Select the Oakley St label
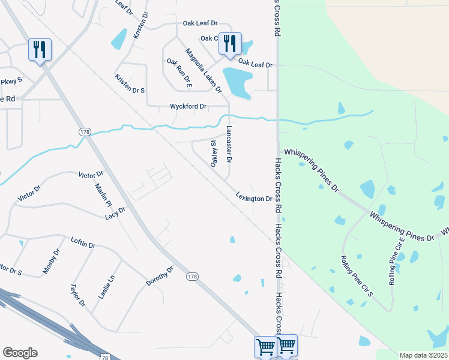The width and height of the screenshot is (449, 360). click(212, 154)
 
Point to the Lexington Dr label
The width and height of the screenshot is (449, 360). click(255, 197)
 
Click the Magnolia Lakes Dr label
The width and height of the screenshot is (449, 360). click(203, 71)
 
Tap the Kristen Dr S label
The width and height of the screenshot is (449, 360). click(130, 84)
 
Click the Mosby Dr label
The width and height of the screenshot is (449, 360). click(52, 262)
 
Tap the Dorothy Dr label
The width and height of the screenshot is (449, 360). click(160, 276)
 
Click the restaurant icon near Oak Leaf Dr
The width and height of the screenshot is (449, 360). click(229, 43)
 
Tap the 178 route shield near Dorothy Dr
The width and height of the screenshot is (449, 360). click(191, 276)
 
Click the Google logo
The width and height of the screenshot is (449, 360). click(20, 353)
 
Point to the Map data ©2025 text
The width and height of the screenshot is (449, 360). click(424, 355)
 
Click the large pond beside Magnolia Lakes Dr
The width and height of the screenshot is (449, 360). click(237, 82)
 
